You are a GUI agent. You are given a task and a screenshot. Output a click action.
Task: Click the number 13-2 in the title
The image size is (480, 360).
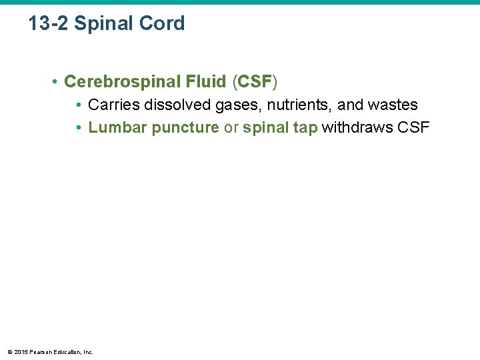click(49, 24)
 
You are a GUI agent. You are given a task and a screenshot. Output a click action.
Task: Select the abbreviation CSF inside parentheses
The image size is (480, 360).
click(255, 82)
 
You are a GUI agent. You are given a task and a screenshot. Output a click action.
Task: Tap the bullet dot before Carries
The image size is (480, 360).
click(79, 105)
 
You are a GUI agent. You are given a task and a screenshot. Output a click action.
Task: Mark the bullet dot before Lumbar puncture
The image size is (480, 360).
click(79, 128)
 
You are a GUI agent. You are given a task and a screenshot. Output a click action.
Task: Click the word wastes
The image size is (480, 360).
click(393, 105)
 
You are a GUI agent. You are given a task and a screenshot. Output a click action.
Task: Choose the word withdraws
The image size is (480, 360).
click(357, 128)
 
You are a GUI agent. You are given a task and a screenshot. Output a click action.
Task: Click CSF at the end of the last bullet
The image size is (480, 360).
click(413, 128)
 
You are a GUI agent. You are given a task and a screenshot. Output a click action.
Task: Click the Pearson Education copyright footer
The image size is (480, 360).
click(50, 351)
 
